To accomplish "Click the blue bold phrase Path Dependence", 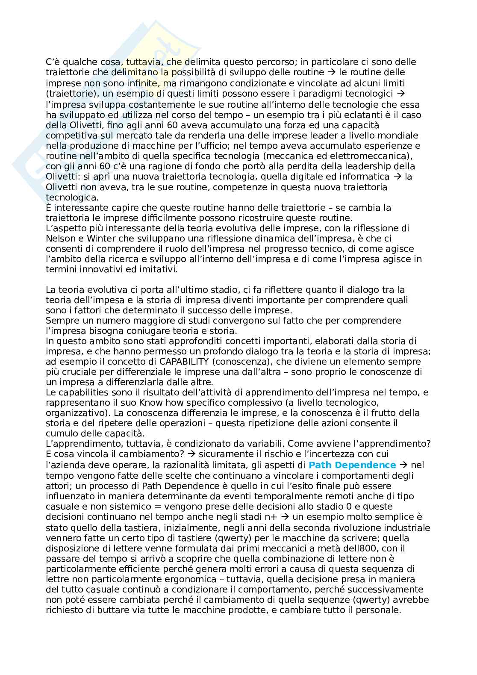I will point(352,465).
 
